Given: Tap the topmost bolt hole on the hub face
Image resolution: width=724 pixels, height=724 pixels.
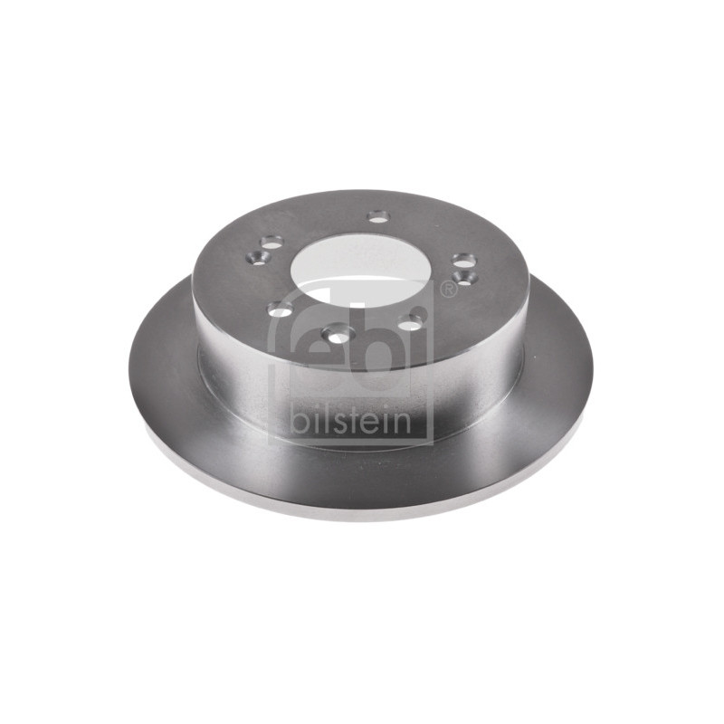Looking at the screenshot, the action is point(378,215).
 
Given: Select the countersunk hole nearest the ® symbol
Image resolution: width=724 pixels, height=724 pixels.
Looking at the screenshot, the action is point(465,277).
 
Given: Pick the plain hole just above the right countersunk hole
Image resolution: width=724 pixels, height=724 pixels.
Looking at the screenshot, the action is point(463,260).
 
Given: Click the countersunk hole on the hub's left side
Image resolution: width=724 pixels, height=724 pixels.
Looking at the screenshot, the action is point(258,256).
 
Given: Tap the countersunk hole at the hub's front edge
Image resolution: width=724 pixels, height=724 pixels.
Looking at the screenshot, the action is point(338,333).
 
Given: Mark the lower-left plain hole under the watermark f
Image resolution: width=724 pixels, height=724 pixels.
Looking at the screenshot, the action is point(281,308).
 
